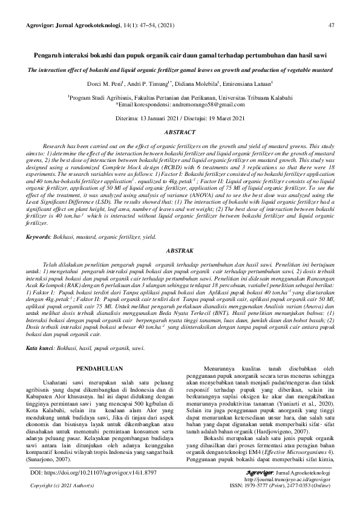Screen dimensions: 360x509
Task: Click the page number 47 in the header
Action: click(x=331, y=25)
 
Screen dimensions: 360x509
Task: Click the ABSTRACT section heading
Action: click(x=180, y=131)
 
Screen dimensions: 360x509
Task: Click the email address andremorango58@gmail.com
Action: click(x=207, y=104)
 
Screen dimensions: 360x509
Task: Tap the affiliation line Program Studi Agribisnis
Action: click(x=180, y=97)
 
